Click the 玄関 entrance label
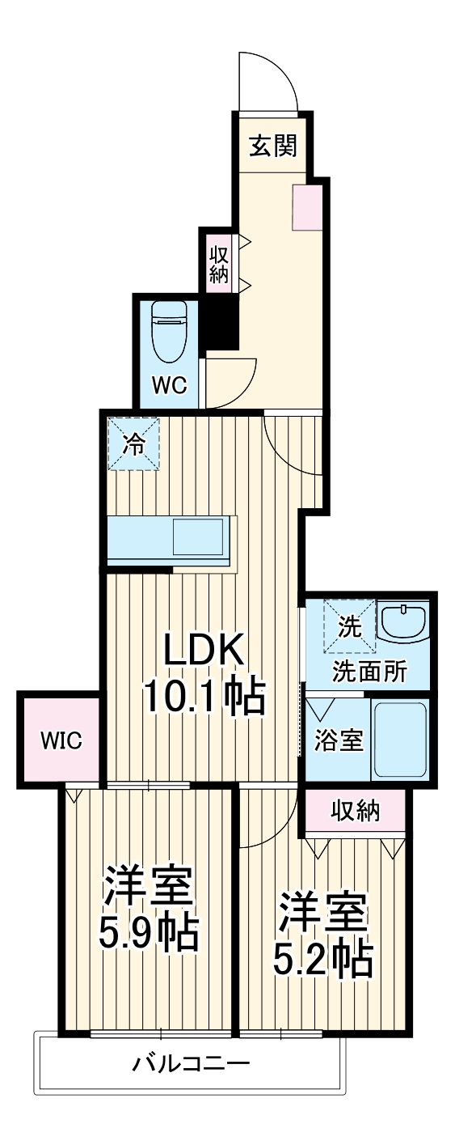click(x=272, y=146)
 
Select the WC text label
click(x=170, y=385)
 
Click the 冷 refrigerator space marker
click(x=134, y=443)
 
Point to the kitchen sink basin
click(x=197, y=536)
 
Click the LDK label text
click(x=203, y=651)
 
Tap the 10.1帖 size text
click(x=204, y=696)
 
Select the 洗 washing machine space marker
click(x=350, y=625)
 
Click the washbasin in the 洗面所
click(x=404, y=623)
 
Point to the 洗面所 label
click(x=370, y=672)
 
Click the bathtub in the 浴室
click(x=398, y=739)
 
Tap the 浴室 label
click(x=339, y=740)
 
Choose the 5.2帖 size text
click(x=322, y=959)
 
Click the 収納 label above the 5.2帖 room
click(x=355, y=810)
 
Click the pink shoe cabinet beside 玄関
click(x=307, y=207)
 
